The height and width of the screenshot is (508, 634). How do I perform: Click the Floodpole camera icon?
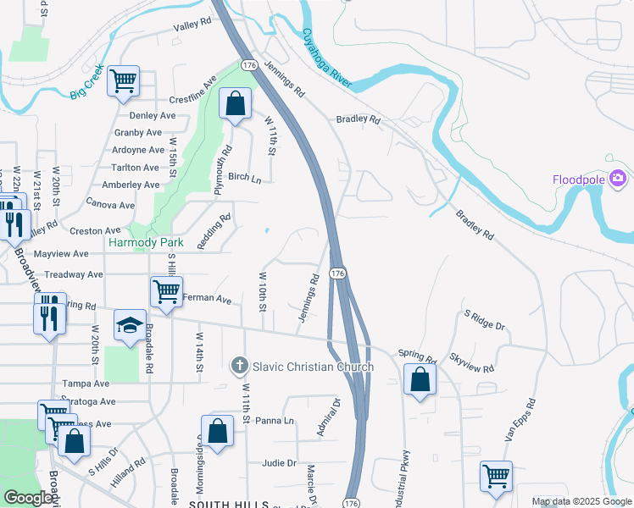point(618,179)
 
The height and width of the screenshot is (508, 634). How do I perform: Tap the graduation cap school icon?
point(130,326)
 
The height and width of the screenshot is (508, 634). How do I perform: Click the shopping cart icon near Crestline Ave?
point(124,81)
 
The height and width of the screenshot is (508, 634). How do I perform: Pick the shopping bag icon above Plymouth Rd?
point(236,105)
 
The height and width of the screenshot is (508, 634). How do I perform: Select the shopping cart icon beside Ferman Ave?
point(166,293)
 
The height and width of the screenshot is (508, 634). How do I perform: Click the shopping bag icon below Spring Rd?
point(420,380)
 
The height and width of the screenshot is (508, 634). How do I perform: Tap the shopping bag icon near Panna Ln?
point(218,430)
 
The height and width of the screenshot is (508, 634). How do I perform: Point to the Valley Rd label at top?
point(192,26)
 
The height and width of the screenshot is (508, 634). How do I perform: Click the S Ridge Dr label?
point(484,320)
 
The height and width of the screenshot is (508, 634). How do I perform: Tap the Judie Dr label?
point(280,463)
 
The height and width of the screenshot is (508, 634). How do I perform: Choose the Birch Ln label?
point(245,179)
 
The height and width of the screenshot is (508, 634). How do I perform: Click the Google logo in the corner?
point(28,498)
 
